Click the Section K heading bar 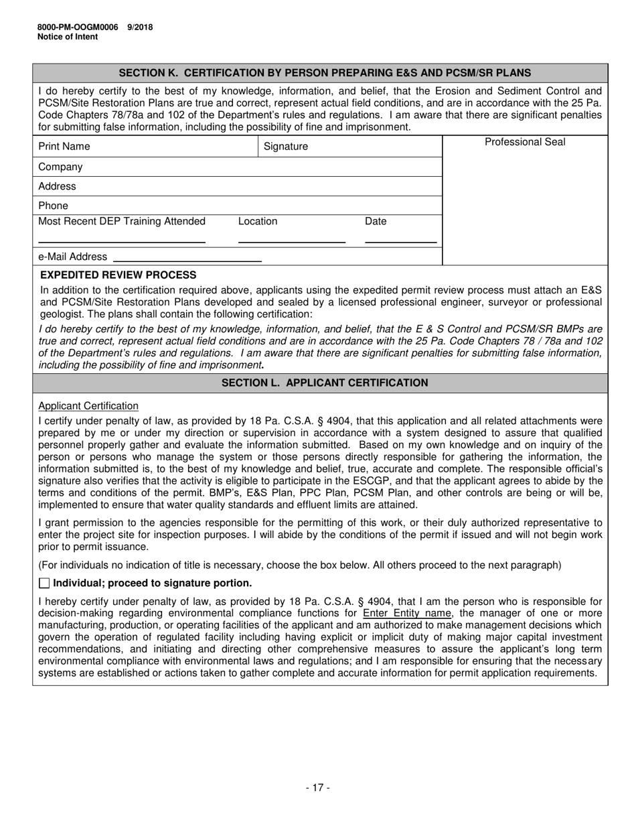pos(325,72)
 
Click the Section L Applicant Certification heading pos(325,383)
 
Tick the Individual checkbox pos(44,583)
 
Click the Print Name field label pos(64,146)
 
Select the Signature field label pos(286,146)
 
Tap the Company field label pos(60,167)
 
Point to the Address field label pos(57,186)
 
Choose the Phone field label pos(53,206)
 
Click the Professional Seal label pos(525,142)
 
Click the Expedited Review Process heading pos(118,275)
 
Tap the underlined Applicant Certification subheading pos(88,406)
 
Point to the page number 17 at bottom pos(318,788)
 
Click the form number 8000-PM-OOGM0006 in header pos(78,27)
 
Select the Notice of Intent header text pos(68,37)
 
